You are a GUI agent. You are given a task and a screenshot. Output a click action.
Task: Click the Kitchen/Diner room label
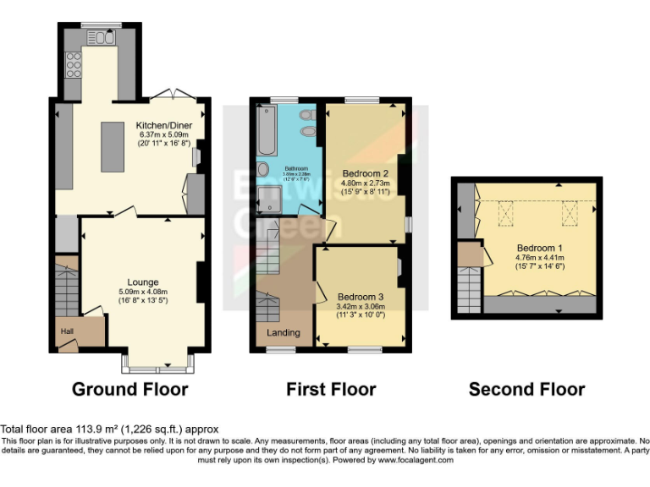(x=165, y=126)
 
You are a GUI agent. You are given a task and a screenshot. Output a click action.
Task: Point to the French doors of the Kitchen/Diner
(x=174, y=95)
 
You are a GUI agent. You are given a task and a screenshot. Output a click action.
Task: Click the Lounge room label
(x=142, y=282)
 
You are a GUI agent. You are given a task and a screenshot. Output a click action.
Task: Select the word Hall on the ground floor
(x=66, y=331)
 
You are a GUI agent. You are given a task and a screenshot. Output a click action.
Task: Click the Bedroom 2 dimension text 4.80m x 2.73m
(x=365, y=183)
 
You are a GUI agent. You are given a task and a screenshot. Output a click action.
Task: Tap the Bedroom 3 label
(x=361, y=297)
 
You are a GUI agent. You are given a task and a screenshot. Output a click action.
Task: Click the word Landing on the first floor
(x=283, y=332)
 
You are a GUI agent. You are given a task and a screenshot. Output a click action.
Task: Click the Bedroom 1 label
(x=540, y=248)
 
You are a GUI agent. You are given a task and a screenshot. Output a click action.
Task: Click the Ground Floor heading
(x=129, y=390)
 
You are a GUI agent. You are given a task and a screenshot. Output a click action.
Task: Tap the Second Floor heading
(x=526, y=390)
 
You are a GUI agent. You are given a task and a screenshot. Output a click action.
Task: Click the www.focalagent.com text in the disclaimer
(x=416, y=461)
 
